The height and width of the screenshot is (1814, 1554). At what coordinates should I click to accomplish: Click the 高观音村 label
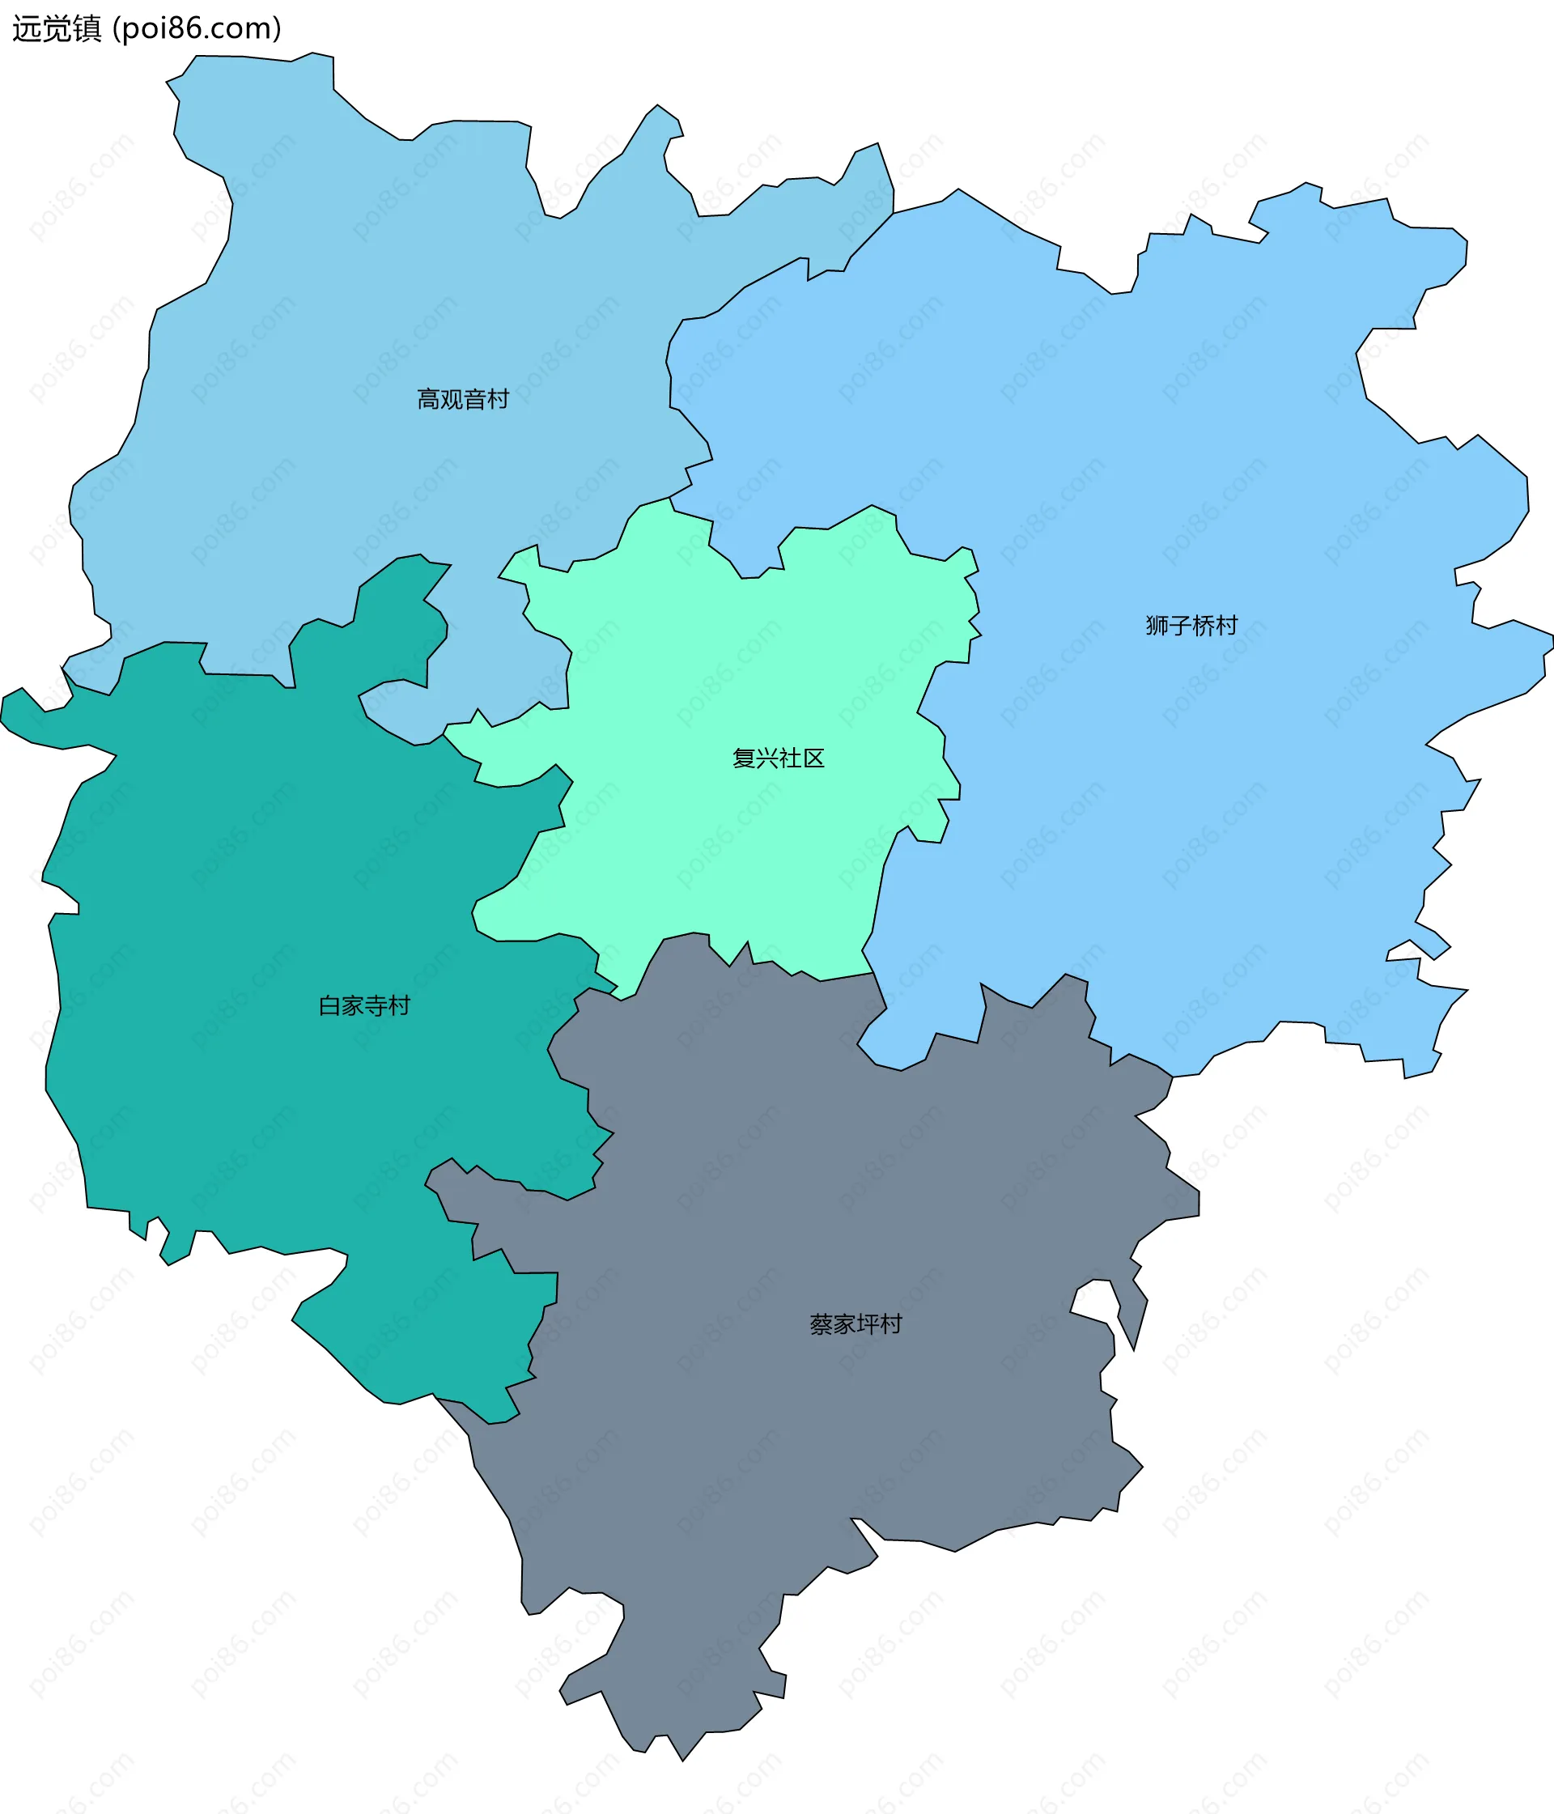(x=462, y=399)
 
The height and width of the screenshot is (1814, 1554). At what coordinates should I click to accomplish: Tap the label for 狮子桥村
(x=1191, y=625)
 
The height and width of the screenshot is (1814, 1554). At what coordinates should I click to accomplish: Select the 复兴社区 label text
(x=778, y=758)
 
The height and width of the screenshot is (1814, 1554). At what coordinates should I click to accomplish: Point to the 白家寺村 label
(x=364, y=1005)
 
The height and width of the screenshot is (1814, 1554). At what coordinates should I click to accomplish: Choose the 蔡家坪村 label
(x=856, y=1323)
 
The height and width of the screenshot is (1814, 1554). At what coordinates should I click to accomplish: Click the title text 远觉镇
(x=57, y=29)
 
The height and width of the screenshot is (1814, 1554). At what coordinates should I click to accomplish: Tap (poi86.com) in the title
(x=197, y=29)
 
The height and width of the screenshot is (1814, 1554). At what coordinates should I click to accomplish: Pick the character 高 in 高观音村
(x=428, y=399)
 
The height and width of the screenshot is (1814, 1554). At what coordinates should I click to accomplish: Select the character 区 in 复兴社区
(x=813, y=758)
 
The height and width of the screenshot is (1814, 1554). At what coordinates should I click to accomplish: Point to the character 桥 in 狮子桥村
(x=1203, y=625)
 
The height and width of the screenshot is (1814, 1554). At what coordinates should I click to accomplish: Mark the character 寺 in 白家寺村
(x=376, y=1005)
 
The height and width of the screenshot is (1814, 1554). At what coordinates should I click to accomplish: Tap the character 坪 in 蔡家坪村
(x=868, y=1323)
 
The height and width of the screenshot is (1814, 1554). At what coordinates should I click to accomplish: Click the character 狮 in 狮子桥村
(x=1157, y=625)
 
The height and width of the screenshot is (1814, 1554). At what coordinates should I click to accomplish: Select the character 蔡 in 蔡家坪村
(x=822, y=1323)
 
